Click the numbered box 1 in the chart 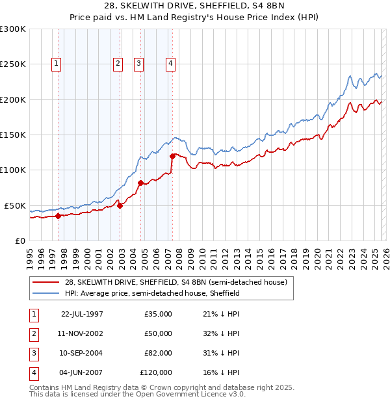[x=57, y=64]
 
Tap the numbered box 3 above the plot [x=139, y=64]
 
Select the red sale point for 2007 [x=172, y=156]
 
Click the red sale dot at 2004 [x=140, y=183]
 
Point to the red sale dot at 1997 [x=58, y=216]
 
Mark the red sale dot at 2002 [x=120, y=205]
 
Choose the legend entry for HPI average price [x=152, y=293]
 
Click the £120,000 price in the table [x=156, y=372]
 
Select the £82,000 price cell [x=158, y=353]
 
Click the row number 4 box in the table [x=32, y=372]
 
